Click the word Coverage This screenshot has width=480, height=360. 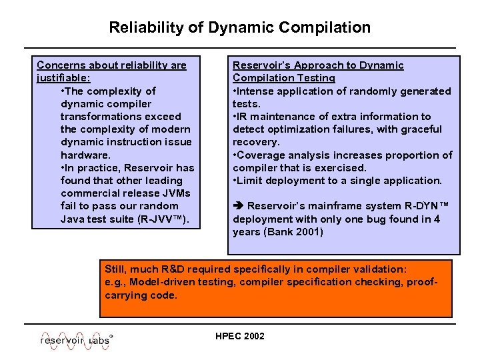click(x=261, y=155)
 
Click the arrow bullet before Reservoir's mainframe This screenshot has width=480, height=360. click(x=237, y=207)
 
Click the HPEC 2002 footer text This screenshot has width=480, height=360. click(x=240, y=336)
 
